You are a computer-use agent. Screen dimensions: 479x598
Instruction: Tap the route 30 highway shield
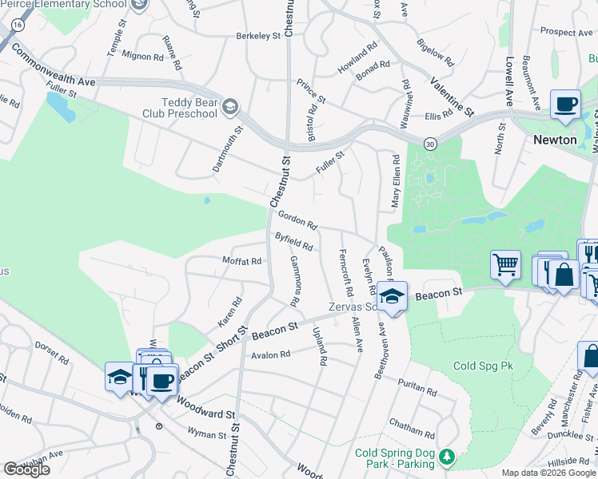click(x=431, y=143)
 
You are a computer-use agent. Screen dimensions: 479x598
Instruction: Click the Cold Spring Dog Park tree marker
click(x=448, y=457)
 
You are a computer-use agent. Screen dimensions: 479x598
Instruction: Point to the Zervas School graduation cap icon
click(x=393, y=296)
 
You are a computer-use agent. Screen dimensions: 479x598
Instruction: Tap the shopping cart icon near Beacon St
click(x=505, y=264)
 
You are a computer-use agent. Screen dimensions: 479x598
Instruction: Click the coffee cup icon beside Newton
click(x=565, y=105)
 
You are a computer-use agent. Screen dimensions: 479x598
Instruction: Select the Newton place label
click(x=555, y=139)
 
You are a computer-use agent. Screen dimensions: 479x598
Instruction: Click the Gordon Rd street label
click(x=297, y=218)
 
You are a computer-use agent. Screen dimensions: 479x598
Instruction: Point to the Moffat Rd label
click(x=242, y=261)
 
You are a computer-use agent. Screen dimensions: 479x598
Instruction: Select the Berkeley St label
click(x=258, y=35)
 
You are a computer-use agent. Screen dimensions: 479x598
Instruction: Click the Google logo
click(x=26, y=469)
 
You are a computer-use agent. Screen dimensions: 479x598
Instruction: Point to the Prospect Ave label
click(x=565, y=32)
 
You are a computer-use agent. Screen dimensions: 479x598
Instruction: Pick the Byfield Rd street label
click(x=293, y=240)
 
